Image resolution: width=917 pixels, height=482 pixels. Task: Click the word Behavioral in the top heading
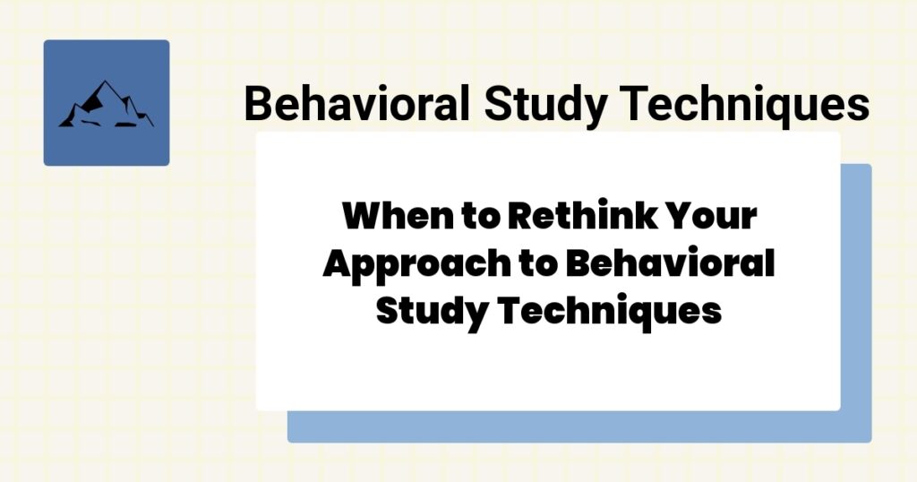click(356, 104)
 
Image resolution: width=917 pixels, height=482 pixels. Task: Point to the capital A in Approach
click(337, 265)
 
